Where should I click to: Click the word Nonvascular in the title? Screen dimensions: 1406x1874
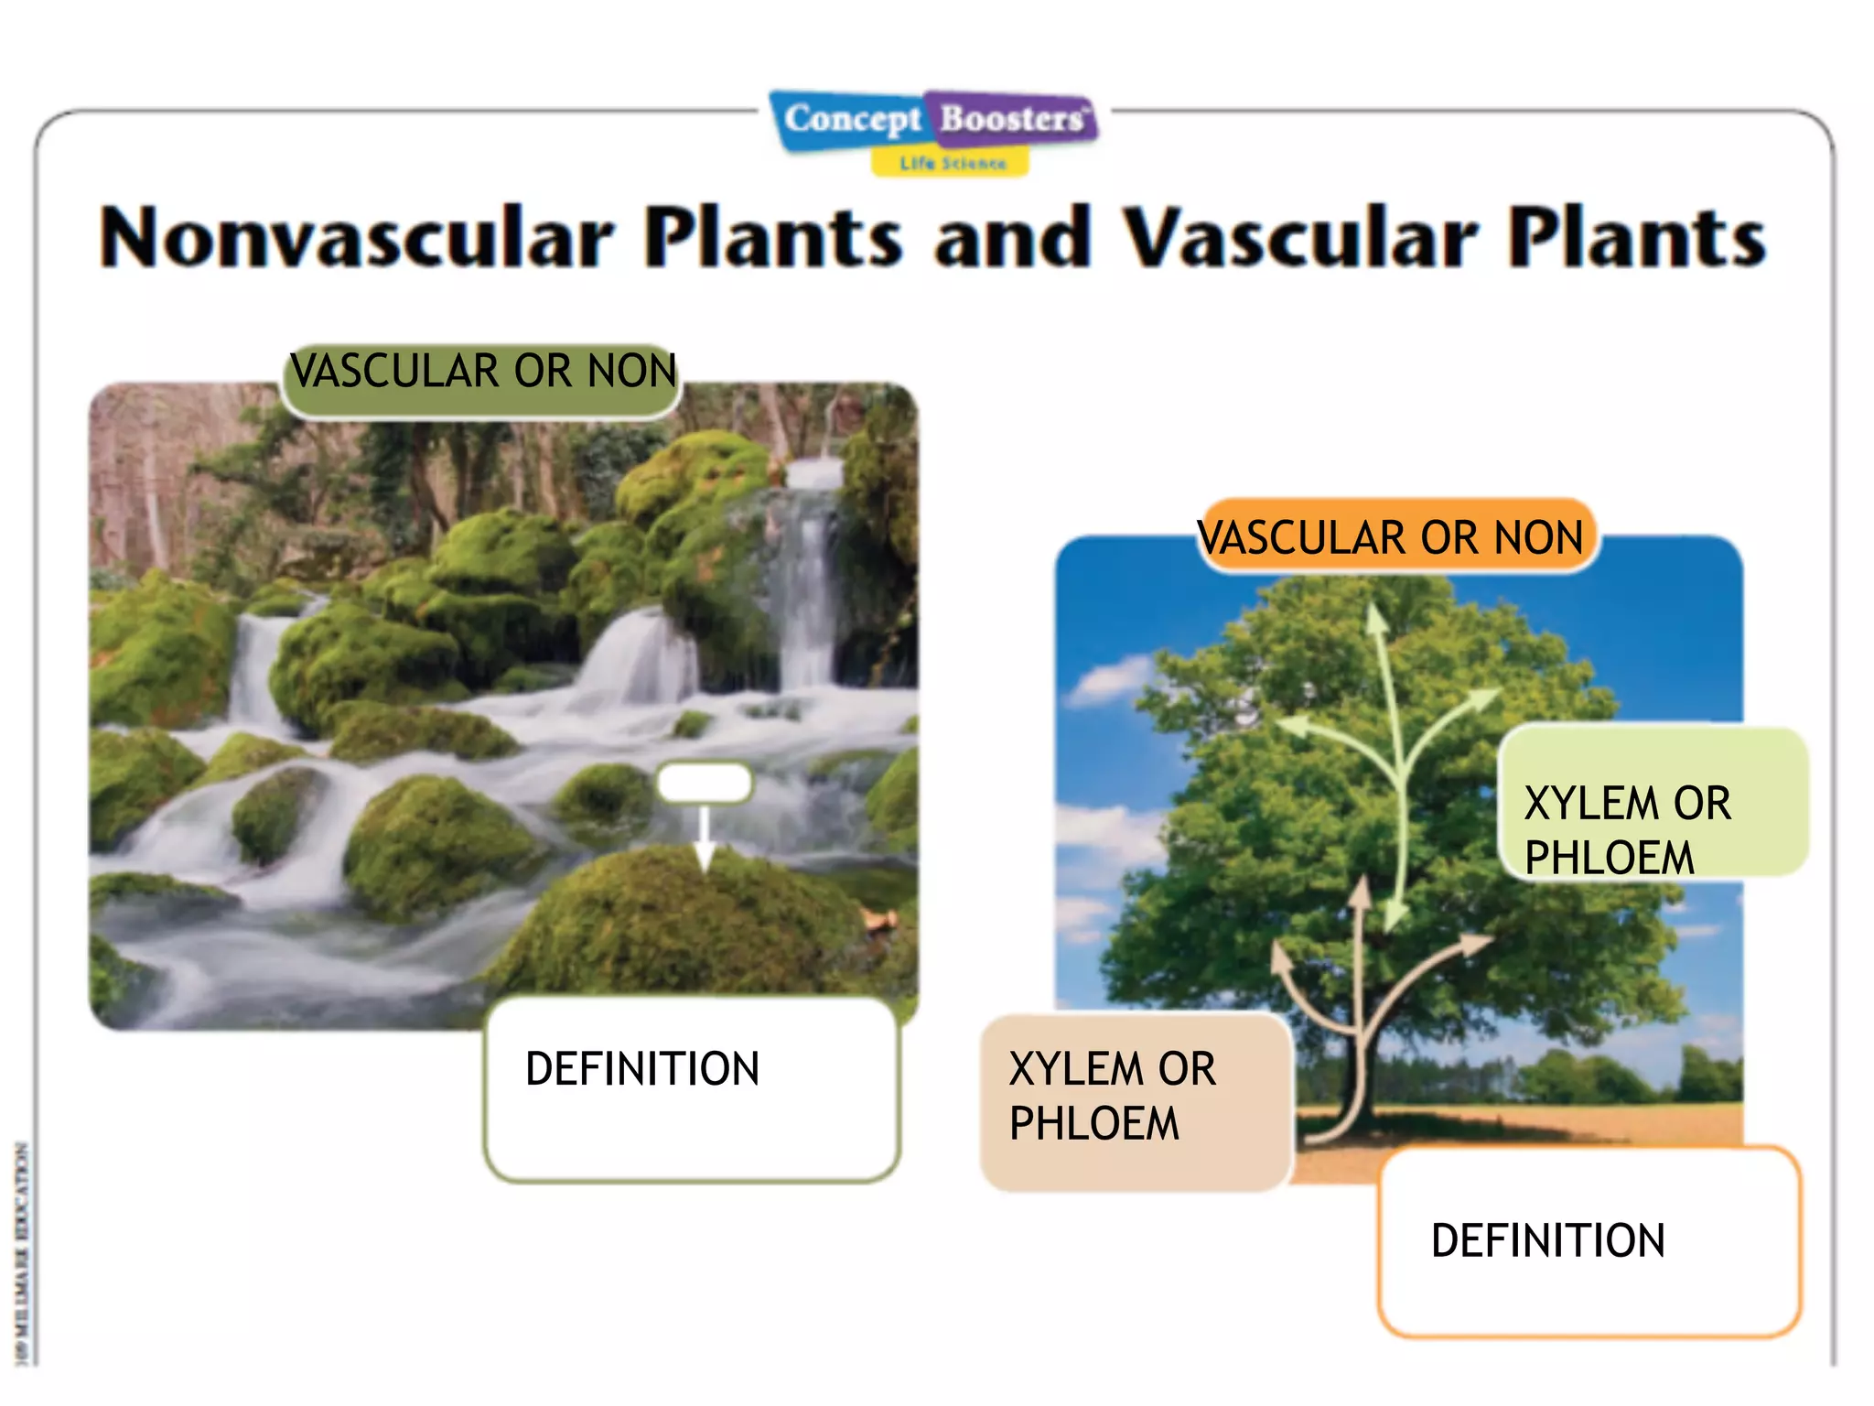tap(357, 238)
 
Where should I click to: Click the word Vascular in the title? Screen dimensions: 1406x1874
tap(1299, 238)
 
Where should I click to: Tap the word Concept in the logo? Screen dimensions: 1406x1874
tap(852, 119)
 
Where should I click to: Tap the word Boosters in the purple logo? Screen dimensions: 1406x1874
tap(1012, 119)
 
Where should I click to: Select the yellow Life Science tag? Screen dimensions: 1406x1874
tap(952, 163)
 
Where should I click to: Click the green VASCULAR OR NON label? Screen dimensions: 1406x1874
tap(482, 373)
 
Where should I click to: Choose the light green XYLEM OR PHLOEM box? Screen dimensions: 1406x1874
tap(1653, 804)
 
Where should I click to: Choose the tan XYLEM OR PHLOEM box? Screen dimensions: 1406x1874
tap(1135, 1098)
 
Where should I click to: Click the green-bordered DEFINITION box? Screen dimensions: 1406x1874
tap(692, 1089)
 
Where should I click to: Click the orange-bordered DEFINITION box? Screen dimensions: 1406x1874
tap(1589, 1241)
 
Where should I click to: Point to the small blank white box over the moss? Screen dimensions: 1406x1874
tap(704, 783)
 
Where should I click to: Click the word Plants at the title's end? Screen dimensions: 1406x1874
tap(1636, 238)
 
